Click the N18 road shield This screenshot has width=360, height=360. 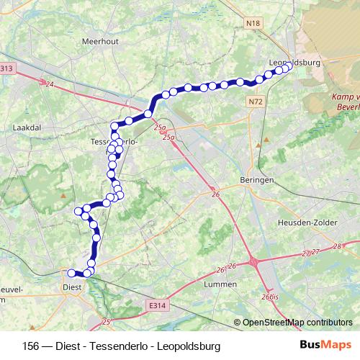[252, 24]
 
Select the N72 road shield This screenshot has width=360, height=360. [256, 103]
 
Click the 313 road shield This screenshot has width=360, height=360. [6, 68]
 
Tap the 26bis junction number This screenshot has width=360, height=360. [270, 297]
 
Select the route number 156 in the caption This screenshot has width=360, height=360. [31, 346]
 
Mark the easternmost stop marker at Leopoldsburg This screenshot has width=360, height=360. [288, 67]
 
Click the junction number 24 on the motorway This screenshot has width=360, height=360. [49, 85]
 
